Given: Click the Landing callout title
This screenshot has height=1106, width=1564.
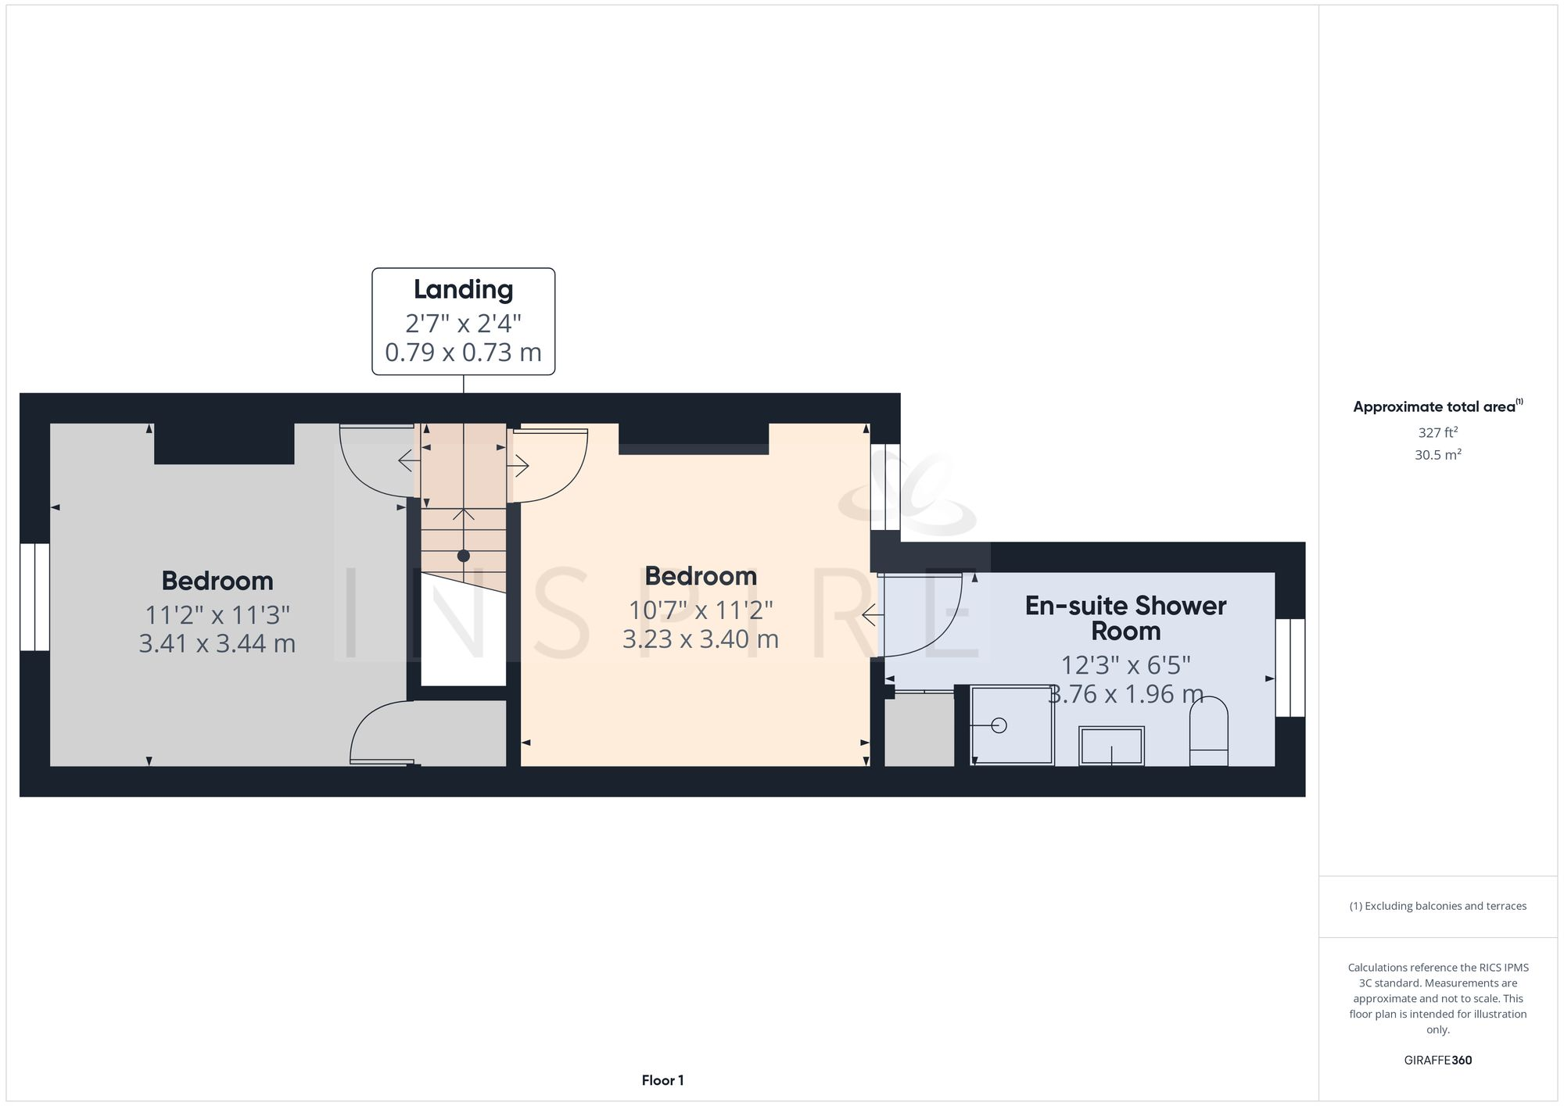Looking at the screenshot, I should (x=463, y=290).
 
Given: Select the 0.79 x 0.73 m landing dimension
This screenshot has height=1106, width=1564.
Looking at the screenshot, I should (x=463, y=353).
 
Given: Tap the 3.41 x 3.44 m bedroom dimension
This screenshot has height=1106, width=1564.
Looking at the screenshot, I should (x=217, y=644).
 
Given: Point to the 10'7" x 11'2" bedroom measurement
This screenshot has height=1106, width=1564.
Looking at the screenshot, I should (x=701, y=610).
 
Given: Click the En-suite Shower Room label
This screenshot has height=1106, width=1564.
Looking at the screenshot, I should (x=1125, y=618).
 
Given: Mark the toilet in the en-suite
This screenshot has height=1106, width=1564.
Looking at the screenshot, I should (x=1208, y=732).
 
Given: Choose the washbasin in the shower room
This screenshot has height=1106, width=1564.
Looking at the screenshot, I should (x=1111, y=746).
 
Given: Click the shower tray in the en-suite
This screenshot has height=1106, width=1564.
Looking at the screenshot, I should (x=1012, y=725).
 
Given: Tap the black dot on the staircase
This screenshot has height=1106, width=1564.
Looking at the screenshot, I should (x=464, y=556).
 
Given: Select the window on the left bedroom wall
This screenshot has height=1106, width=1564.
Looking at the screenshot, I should (x=34, y=597).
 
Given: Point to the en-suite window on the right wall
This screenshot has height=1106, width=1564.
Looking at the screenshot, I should (x=1290, y=668).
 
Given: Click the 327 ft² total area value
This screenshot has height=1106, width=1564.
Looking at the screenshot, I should (x=1437, y=432).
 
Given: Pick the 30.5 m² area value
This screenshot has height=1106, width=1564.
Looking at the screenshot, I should (x=1437, y=455).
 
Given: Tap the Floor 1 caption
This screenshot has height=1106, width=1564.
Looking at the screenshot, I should (x=662, y=1080).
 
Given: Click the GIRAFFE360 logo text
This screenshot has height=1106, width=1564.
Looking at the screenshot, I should (x=1437, y=1061).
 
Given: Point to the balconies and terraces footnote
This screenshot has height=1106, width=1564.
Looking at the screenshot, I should (x=1437, y=906).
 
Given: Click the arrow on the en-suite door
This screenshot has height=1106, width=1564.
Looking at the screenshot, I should (x=873, y=617).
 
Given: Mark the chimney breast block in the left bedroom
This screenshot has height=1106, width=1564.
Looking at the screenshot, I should (x=224, y=443).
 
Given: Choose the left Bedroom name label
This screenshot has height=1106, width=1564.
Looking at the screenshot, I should (x=217, y=581).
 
